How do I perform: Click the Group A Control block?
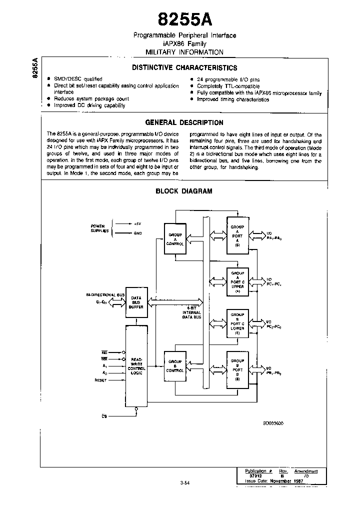click(175, 238)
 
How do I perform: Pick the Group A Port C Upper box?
click(237, 281)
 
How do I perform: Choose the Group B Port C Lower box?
click(237, 325)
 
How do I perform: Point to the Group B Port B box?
click(237, 369)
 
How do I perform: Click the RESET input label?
click(101, 380)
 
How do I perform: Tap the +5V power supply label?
click(138, 223)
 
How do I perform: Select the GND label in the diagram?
click(138, 233)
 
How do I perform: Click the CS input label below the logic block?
click(104, 416)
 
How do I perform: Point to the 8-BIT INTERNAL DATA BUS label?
click(191, 313)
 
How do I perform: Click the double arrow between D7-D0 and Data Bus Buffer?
click(119, 302)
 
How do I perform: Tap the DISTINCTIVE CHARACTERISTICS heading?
click(184, 68)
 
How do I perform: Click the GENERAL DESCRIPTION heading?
click(184, 122)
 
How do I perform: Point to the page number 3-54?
click(185, 482)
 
